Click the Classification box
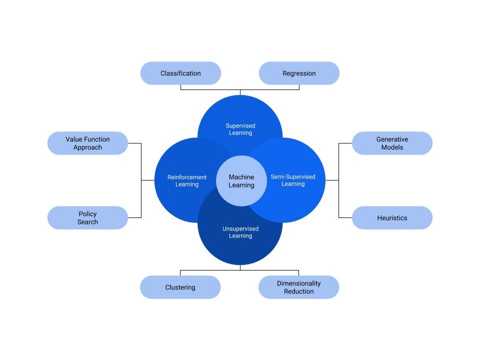click(180, 73)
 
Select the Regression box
click(299, 73)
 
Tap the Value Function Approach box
click(87, 143)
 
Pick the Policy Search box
click(87, 218)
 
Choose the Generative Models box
click(392, 143)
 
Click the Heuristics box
click(392, 218)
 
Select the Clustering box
click(180, 287)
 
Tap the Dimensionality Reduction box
click(298, 287)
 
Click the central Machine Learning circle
click(241, 181)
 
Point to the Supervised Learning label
click(240, 129)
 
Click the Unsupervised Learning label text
click(240, 232)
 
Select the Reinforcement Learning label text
click(187, 181)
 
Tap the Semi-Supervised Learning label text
click(293, 180)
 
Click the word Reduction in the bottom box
click(298, 291)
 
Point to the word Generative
click(392, 139)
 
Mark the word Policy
click(87, 214)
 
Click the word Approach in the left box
click(87, 147)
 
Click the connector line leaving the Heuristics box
click(345, 217)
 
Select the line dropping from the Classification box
click(180, 87)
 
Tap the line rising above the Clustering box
click(180, 273)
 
